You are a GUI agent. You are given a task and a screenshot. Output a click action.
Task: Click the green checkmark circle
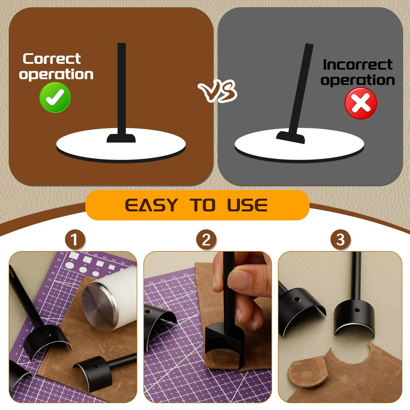click(x=55, y=98)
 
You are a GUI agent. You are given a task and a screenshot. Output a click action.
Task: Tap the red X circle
click(x=361, y=103)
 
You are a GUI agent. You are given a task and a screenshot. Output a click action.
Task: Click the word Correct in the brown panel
click(x=52, y=59)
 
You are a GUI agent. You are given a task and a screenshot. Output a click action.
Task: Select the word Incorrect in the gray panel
click(x=358, y=64)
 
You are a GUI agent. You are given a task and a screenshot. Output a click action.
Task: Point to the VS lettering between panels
click(x=218, y=91)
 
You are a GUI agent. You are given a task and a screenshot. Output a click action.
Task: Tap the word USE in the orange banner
click(x=247, y=205)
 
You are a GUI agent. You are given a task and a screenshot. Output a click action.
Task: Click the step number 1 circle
click(x=75, y=240)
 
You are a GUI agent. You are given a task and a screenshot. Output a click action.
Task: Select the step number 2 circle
click(x=206, y=240)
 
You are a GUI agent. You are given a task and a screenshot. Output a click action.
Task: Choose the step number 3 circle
click(x=340, y=240)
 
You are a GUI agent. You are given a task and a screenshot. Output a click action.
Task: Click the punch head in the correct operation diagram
click(x=121, y=138)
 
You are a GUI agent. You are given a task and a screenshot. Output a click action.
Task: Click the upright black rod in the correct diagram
click(x=122, y=89)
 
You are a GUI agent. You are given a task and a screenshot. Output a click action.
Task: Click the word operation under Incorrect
click(x=358, y=81)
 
